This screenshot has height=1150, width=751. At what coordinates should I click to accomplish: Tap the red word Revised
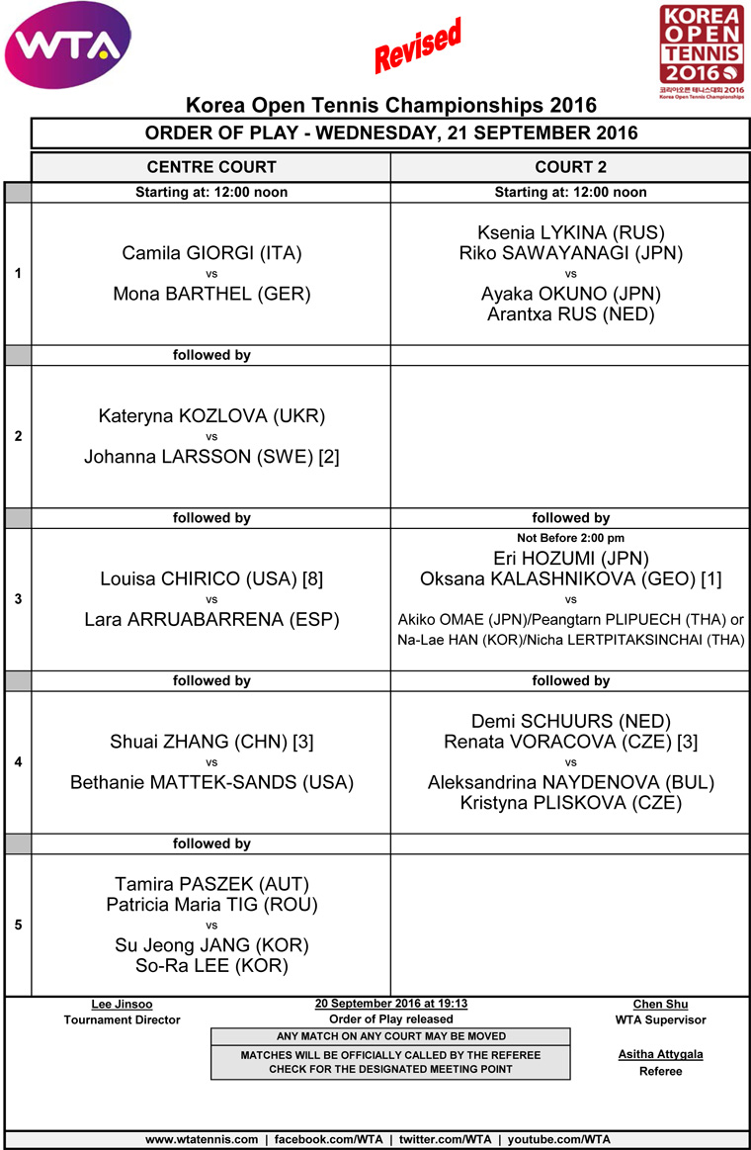(418, 46)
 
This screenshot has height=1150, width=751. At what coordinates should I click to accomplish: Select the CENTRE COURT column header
(211, 167)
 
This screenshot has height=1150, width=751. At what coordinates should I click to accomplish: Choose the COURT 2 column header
(570, 167)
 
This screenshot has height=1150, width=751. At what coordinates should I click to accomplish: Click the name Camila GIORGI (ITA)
(211, 253)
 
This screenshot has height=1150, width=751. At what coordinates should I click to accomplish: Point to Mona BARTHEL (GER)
(211, 294)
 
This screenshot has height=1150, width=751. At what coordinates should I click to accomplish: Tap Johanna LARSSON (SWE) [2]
(211, 457)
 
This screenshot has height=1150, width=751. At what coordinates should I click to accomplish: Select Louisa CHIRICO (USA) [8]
(211, 579)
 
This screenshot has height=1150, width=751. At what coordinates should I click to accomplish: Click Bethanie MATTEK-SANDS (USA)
(211, 782)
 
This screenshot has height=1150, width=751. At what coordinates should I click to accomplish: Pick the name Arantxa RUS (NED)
(570, 314)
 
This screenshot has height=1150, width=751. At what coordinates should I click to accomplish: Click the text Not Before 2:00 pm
(570, 538)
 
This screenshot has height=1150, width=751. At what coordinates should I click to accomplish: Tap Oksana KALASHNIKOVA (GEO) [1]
(570, 578)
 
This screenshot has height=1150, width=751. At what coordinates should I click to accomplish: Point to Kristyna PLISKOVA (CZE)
(570, 803)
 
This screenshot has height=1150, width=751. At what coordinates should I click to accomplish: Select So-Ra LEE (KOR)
(211, 965)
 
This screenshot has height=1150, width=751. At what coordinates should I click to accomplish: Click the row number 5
(18, 925)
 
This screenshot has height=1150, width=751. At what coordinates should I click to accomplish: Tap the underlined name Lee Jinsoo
(122, 1004)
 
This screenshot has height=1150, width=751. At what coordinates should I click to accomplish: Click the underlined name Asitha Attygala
(660, 1054)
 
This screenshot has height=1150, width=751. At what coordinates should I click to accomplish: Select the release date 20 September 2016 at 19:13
(390, 1004)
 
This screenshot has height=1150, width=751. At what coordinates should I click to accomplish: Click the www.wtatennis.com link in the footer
(202, 1139)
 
